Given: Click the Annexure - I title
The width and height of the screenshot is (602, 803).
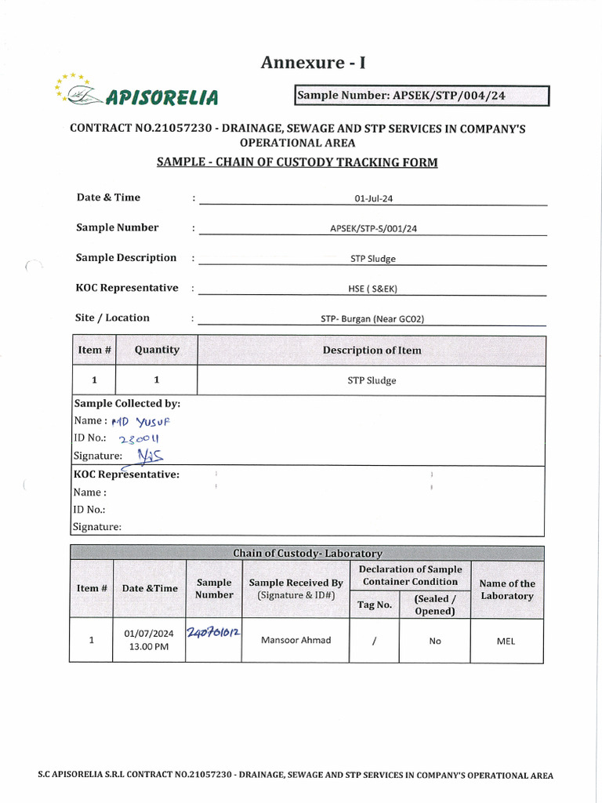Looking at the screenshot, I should tap(314, 63).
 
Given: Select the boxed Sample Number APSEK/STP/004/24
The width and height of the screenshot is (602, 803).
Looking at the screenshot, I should tap(422, 96).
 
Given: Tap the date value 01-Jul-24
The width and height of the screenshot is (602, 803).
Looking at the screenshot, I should tap(373, 198).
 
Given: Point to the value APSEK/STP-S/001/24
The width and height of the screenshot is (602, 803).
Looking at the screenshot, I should tap(373, 229).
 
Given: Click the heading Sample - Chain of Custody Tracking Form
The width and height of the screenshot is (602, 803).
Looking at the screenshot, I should tap(297, 162).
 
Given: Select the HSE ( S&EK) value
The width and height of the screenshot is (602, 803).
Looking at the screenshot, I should tap(373, 289).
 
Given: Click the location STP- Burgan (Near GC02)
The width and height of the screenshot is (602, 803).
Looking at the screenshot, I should tap(373, 318).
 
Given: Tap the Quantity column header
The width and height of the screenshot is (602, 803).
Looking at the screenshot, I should tap(157, 350).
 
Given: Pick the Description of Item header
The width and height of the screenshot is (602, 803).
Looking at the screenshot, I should tap(372, 351).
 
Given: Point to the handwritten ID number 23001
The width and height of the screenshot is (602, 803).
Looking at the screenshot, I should tap(143, 438).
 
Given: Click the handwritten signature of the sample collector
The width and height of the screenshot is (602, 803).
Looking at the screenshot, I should tap(150, 455).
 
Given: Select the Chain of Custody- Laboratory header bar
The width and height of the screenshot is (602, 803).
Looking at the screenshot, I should tap(306, 554).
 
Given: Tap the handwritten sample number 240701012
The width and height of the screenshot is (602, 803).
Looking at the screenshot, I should tap(213, 631).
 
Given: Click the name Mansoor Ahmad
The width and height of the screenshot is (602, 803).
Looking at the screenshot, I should tap(296, 640).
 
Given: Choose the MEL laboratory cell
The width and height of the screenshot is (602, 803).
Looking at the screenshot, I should tap(506, 641).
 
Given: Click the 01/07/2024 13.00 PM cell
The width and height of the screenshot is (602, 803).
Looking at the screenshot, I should tap(149, 640).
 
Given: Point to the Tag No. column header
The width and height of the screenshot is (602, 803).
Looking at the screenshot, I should tap(374, 605).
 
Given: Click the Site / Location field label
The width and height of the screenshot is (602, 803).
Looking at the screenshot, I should tap(113, 318).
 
